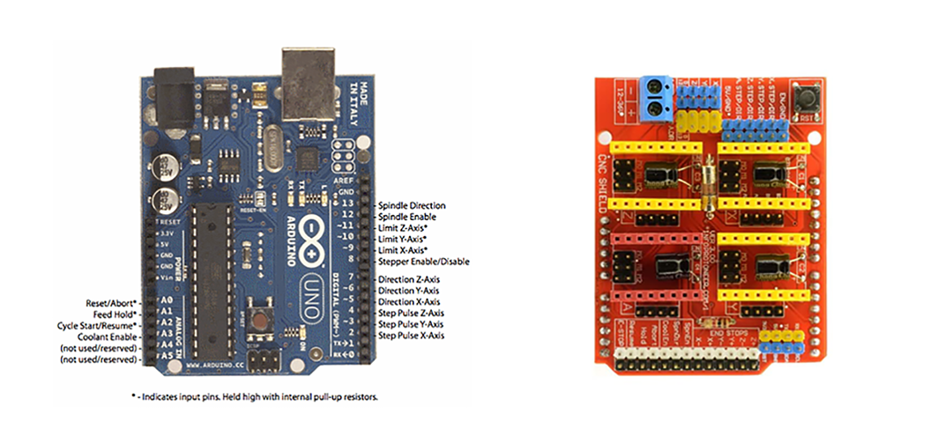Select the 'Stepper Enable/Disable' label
423,262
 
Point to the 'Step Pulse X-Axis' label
411,336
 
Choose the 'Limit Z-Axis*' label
408,228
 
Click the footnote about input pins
254,397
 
